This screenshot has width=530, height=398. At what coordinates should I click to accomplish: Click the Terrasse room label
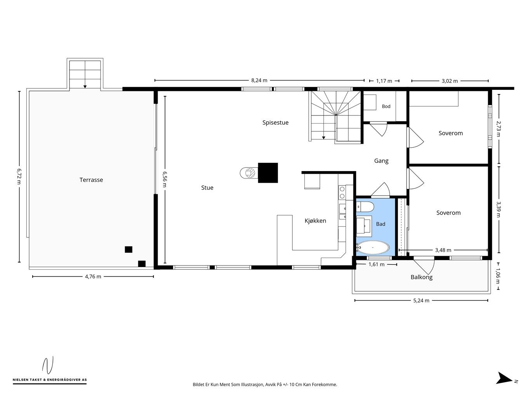click(x=91, y=180)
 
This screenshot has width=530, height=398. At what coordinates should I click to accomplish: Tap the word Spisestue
click(x=275, y=122)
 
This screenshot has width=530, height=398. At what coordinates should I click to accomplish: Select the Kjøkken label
click(x=315, y=221)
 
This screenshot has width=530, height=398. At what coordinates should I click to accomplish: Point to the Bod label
click(x=386, y=106)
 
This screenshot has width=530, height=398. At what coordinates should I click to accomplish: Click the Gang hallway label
click(x=381, y=161)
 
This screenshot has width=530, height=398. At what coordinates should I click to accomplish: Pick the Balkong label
click(x=421, y=277)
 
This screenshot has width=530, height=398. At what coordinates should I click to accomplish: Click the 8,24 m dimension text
click(x=259, y=80)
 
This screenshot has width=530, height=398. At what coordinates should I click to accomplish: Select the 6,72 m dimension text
click(x=19, y=176)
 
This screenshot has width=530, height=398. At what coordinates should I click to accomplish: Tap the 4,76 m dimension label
click(x=93, y=276)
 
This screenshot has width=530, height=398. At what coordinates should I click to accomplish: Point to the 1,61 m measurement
click(x=376, y=264)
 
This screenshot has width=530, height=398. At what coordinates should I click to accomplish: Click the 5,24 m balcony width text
click(x=421, y=300)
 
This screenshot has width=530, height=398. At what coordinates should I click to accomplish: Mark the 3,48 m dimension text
click(x=443, y=250)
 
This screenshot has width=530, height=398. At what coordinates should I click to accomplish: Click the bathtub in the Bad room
click(x=373, y=248)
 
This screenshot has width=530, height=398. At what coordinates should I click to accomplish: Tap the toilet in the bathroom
click(x=365, y=207)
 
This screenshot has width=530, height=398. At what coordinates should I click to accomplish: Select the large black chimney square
click(x=268, y=173)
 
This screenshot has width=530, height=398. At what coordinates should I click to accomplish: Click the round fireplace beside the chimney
click(x=249, y=173)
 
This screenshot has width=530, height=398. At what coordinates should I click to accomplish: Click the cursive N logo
click(x=48, y=365)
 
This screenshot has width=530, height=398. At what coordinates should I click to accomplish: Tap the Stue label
click(x=207, y=188)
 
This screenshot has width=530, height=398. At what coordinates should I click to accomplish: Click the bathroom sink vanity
click(x=364, y=226)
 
